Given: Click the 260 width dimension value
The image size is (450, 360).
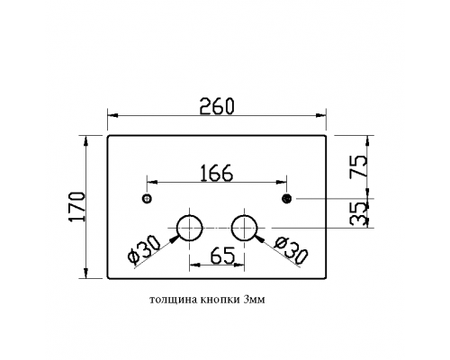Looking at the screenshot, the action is [217, 106].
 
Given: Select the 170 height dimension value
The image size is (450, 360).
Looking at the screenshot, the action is [77, 206].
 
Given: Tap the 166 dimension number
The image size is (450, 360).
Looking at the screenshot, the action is [216, 173].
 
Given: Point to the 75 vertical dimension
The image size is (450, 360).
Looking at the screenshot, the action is [358, 166].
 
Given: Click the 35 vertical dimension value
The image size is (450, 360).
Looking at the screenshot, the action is [358, 213].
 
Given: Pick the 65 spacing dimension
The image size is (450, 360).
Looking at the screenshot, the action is [222, 256].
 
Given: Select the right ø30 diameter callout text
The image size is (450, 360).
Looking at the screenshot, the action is [292, 250].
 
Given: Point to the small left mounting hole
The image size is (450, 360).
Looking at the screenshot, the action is [147, 199].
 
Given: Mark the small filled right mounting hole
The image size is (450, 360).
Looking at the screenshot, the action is [287, 198].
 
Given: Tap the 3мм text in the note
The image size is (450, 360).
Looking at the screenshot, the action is [255, 300].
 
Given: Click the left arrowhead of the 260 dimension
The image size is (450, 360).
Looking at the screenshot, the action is [112, 115].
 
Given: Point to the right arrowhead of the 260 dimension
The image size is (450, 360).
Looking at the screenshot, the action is [321, 115].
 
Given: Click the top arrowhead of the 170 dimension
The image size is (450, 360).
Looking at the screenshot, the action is [86, 140].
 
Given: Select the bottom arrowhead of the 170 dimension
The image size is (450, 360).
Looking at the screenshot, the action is [86, 274].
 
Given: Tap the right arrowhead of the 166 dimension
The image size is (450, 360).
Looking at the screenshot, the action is [282, 182].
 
